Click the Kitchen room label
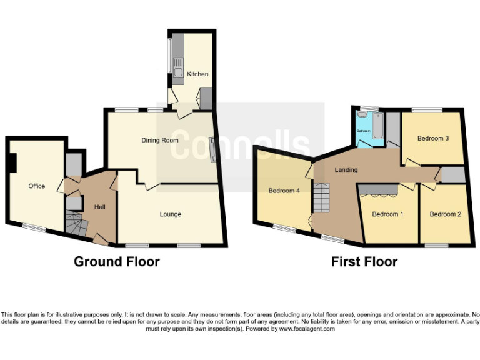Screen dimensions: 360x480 [x=197, y=74]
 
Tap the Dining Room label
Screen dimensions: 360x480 [x=159, y=140]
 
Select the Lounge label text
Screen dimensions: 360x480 [x=170, y=214]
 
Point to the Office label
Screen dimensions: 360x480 [x=37, y=186]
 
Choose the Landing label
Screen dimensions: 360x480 [x=346, y=170]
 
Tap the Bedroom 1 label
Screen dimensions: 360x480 [x=387, y=214]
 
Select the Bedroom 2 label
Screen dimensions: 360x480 [x=445, y=214]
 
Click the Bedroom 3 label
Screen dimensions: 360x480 [x=433, y=138]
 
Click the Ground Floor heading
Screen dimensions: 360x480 [x=117, y=261]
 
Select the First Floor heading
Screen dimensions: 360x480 [x=364, y=261]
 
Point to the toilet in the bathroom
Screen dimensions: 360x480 [x=362, y=116]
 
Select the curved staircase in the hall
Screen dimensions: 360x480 [x=74, y=223]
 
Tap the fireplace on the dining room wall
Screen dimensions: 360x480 [x=212, y=150]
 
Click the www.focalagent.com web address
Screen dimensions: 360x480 [x=307, y=329]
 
